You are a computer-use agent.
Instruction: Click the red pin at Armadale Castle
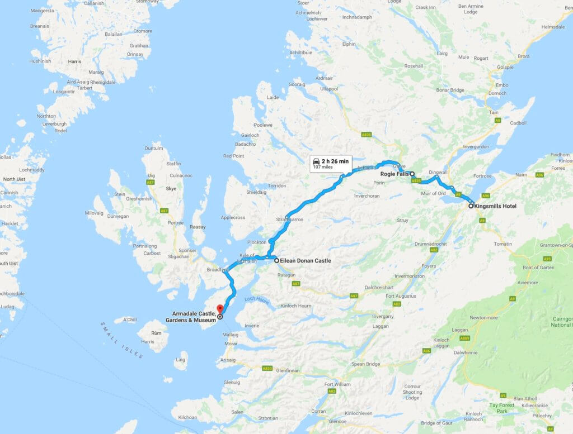tap(219, 308)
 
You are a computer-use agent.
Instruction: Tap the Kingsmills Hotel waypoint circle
tap(471, 206)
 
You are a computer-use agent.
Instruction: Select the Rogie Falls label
tap(394, 174)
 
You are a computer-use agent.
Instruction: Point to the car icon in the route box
tap(317, 161)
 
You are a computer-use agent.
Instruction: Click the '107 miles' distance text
tap(323, 167)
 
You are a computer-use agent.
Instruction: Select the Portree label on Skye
tap(175, 222)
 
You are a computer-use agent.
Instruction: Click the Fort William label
tap(337, 384)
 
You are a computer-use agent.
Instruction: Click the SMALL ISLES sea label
tap(123, 340)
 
